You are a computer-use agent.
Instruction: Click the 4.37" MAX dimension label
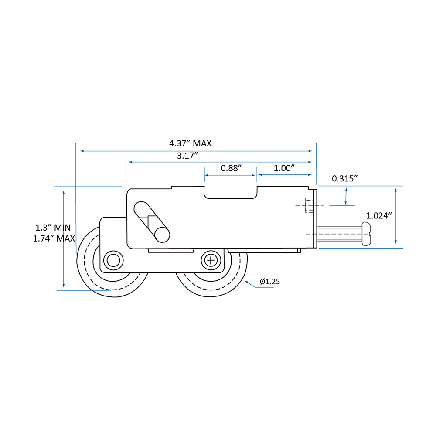(x=191, y=143)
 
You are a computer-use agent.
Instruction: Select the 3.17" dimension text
(x=187, y=156)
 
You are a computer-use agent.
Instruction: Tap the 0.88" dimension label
(x=232, y=168)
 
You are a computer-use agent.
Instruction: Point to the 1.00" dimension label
(x=284, y=168)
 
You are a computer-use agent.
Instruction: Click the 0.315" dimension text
(x=345, y=178)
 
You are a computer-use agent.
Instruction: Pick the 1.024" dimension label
(x=379, y=215)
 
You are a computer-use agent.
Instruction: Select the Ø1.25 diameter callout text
(x=270, y=281)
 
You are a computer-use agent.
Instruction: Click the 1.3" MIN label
(x=53, y=228)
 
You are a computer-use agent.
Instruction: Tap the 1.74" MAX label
(x=54, y=238)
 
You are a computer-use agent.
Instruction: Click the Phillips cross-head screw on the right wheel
(x=211, y=261)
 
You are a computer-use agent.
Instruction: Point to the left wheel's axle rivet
(x=113, y=261)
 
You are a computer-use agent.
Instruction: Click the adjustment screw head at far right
(x=366, y=234)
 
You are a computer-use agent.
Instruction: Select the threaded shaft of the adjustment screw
(x=339, y=234)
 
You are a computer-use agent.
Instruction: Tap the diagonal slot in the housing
(x=152, y=222)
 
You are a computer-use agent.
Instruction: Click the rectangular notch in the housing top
(x=231, y=192)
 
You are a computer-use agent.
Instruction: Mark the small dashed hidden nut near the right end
(x=309, y=205)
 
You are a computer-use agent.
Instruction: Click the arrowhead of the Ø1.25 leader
(x=246, y=282)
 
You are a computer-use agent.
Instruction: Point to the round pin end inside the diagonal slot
(x=162, y=235)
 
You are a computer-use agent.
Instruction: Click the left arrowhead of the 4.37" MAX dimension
(x=82, y=151)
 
